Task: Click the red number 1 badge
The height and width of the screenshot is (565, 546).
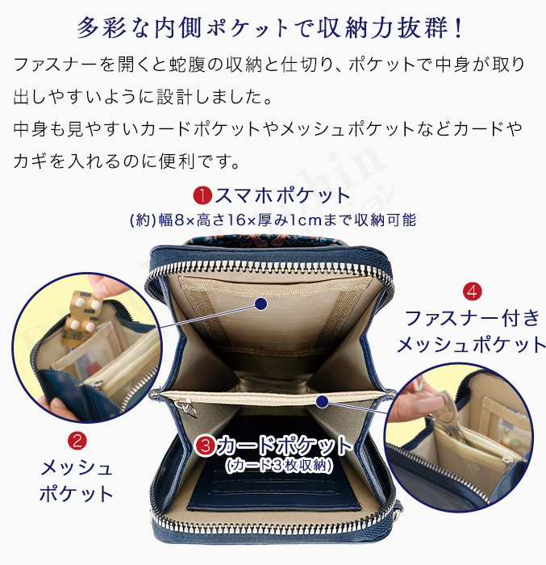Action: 202,195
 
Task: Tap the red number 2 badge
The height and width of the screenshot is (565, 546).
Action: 77,442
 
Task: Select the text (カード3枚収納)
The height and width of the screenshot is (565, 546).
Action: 280,466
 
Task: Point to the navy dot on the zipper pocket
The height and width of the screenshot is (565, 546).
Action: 321,400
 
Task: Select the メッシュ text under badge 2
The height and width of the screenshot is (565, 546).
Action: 77,468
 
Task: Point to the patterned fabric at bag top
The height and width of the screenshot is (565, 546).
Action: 266,239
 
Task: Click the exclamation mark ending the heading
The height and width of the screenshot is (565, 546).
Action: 460,26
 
